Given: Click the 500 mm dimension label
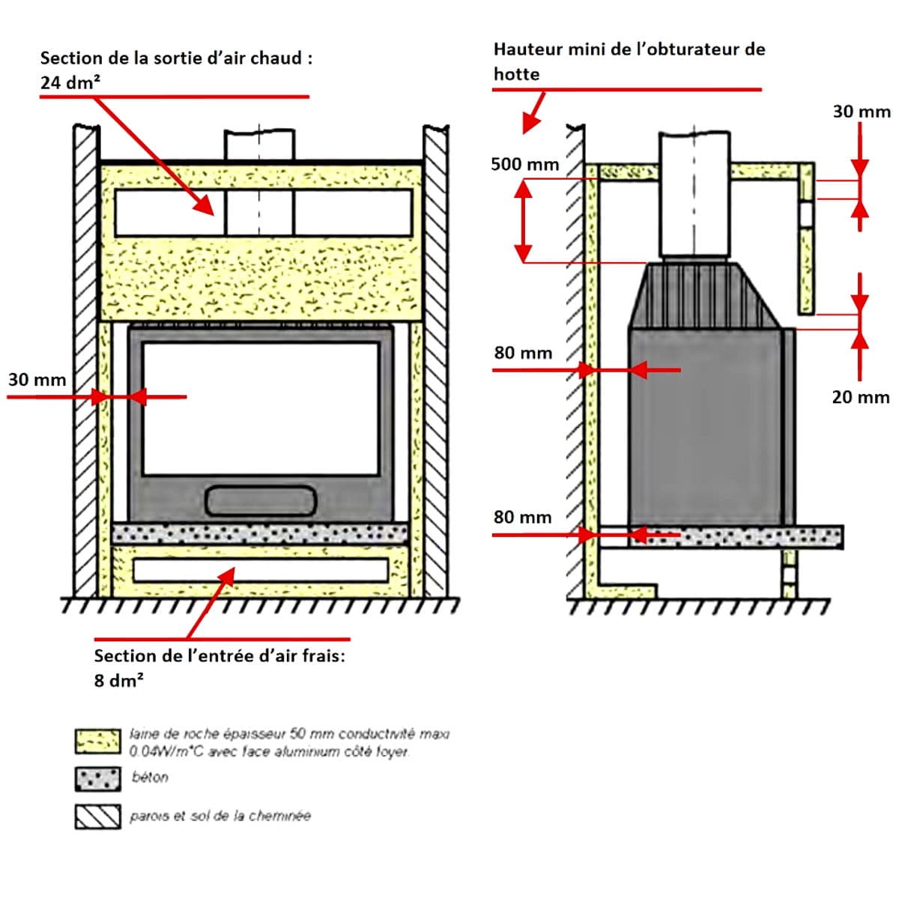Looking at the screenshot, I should coord(524,164).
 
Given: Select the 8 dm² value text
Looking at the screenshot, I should coord(119,680).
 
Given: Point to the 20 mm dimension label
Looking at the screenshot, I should coord(861,397).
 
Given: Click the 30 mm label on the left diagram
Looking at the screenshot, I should coord(37,380).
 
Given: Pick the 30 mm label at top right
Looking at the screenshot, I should coord(862,112).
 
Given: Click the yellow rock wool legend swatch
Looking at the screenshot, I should coord(97,741).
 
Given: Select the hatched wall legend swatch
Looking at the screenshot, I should coord(97,817).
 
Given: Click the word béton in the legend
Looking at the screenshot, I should coord(150,778).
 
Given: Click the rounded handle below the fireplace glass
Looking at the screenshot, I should coord(261,500).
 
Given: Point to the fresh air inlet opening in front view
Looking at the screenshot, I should coord(261,570).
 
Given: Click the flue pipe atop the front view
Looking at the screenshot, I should coord(259,144).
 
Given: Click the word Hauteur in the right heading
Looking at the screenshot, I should coord(527,49).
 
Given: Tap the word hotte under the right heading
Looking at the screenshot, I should coord(516,74).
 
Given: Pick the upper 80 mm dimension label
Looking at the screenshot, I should coord(523,353).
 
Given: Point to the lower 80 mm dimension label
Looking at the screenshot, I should coord(522,517).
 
